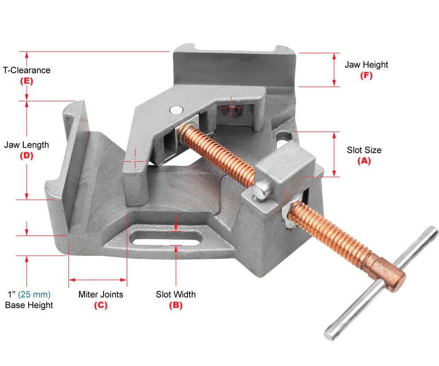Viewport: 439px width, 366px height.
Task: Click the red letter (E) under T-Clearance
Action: (x=27, y=81)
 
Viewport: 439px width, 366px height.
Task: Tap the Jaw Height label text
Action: (x=366, y=65)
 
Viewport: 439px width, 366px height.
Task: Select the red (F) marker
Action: (x=366, y=75)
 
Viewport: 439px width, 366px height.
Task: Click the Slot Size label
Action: (x=364, y=150)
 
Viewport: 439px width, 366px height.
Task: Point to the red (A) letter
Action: (x=364, y=161)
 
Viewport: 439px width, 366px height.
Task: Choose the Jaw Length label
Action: (x=27, y=145)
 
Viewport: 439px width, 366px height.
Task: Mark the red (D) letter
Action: (x=27, y=156)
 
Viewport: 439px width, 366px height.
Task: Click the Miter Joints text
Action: (x=101, y=294)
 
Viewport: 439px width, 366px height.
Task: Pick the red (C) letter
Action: (x=101, y=305)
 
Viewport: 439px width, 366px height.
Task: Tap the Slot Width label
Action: (x=176, y=294)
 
